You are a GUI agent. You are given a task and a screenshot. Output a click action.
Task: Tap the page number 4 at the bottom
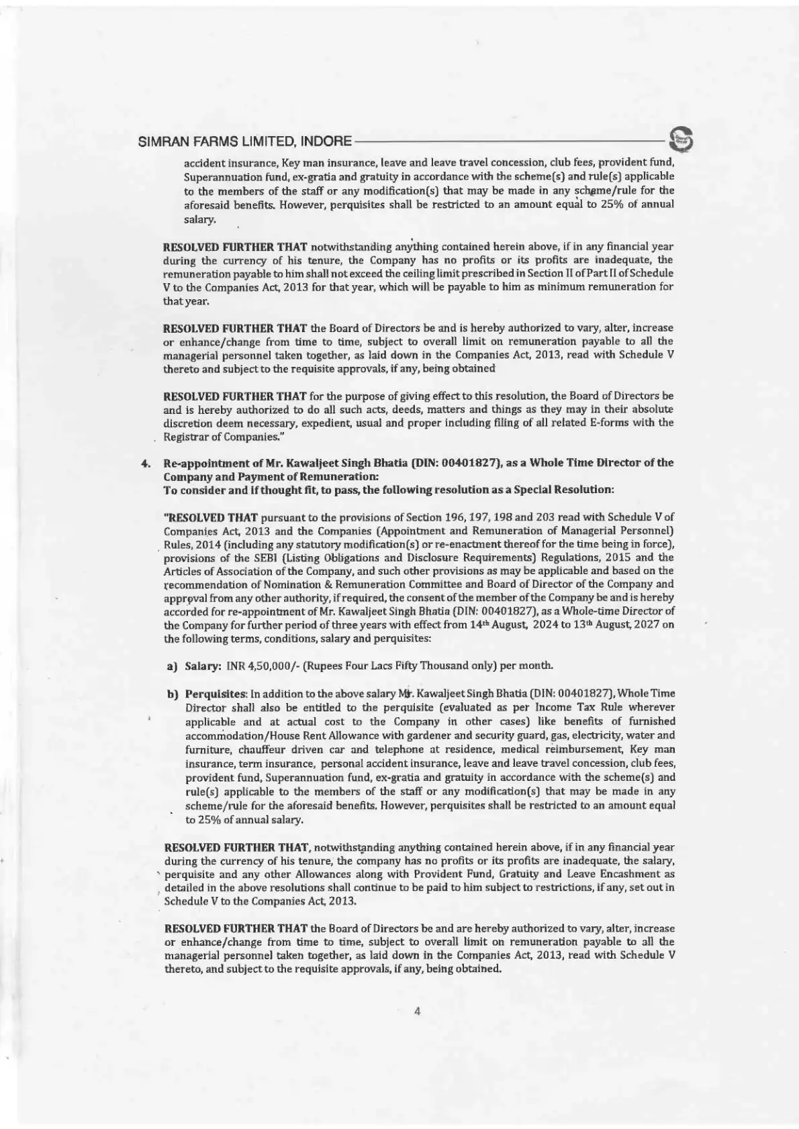(x=417, y=1013)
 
